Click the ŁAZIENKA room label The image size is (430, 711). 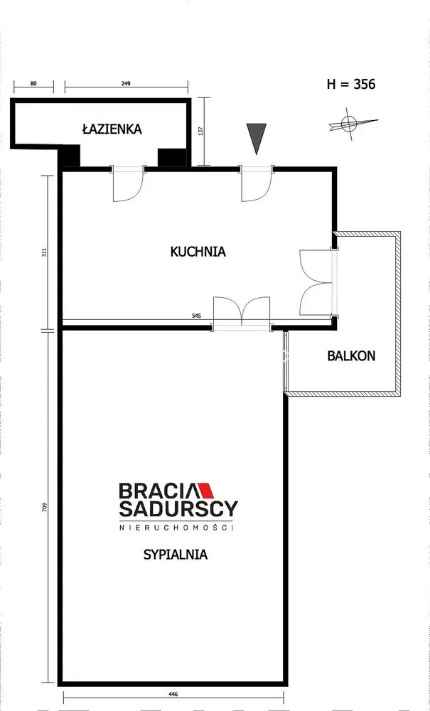pos(112,129)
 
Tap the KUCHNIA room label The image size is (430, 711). pos(198,252)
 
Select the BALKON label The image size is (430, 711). pos(351,356)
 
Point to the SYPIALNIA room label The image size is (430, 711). pos(176,554)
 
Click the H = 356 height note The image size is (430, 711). pos(351,85)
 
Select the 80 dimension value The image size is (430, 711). pos(33,83)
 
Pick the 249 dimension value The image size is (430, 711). pos(126,83)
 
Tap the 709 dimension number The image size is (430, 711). pos(45,506)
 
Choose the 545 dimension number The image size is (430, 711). pos(196,316)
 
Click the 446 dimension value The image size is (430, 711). pos(173,694)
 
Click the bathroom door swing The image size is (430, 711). pos(128,183)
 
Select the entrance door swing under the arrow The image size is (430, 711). pos(257,183)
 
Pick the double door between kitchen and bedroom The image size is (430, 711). pos(242,313)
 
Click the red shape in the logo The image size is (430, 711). pos(206,490)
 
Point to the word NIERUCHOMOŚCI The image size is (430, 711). pos(176,528)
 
